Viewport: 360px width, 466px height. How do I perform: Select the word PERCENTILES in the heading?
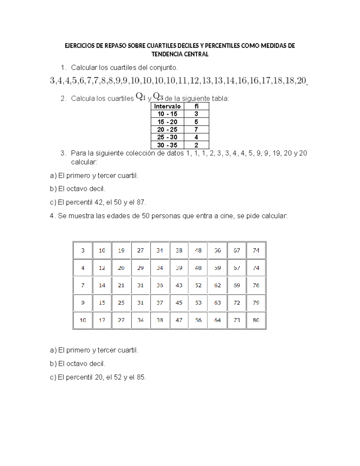(222, 46)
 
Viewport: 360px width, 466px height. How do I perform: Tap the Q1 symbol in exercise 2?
(141, 97)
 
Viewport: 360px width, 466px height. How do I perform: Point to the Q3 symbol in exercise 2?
(158, 97)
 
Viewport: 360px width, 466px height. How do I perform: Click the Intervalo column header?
(167, 106)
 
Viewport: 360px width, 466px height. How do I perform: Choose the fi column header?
(196, 106)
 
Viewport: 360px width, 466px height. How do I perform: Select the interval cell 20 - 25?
(167, 130)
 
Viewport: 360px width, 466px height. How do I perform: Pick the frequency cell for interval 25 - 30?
(196, 137)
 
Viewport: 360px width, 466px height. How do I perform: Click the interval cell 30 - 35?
(167, 145)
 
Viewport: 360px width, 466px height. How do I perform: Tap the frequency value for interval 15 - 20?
(196, 122)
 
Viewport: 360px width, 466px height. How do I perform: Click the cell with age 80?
(256, 320)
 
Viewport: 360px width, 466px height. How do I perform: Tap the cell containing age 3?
(83, 250)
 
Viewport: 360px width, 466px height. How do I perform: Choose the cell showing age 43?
(179, 285)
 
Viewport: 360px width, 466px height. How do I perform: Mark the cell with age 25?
(121, 303)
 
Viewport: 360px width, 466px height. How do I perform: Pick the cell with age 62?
(217, 285)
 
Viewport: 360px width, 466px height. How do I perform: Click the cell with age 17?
(102, 320)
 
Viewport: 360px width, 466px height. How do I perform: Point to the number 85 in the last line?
(140, 377)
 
